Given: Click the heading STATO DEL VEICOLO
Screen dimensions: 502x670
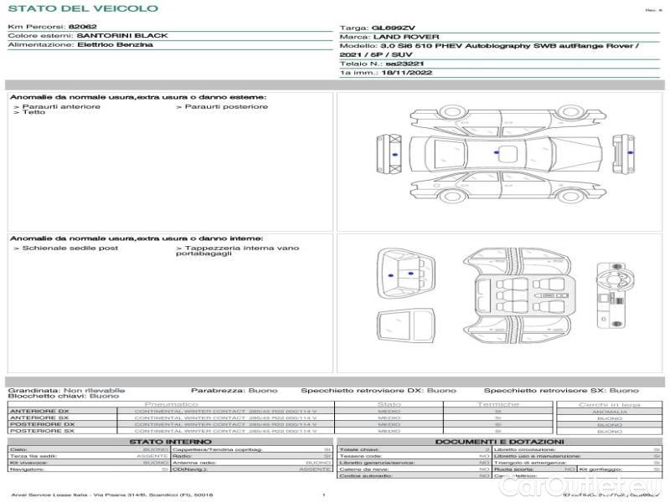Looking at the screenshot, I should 82,8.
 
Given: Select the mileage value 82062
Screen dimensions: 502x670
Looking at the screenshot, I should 83,27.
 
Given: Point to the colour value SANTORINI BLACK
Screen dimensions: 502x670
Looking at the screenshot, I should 122,36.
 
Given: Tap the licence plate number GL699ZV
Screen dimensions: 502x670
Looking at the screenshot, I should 392,28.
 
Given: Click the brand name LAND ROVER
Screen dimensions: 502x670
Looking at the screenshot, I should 399,37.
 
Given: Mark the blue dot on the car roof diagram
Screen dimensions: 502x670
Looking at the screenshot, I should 497,153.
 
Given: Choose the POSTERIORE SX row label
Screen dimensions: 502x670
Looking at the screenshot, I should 41,431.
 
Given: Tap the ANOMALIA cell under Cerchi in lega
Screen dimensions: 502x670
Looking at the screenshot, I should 609,411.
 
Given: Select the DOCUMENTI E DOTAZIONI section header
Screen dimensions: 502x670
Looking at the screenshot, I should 499,442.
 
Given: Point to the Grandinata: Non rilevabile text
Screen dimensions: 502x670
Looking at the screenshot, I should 66,391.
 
